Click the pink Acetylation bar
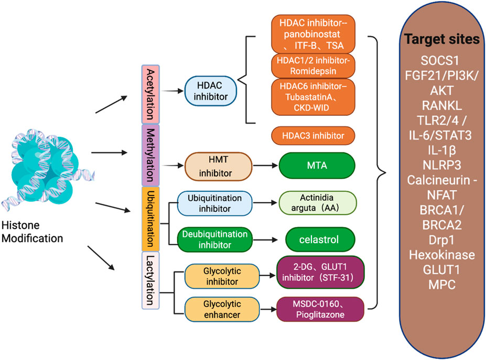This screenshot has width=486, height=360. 150,94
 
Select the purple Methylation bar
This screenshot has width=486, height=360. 150,155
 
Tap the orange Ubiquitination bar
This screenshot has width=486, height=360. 150,219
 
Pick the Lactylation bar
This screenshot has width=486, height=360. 150,280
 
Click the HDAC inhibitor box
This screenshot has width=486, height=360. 210,91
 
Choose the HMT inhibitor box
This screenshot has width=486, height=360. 218,166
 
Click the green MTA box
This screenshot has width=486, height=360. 317,166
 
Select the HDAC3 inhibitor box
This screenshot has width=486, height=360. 313,136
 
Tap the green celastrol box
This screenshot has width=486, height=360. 319,239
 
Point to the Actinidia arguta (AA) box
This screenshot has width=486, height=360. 318,203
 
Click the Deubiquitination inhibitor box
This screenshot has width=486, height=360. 215,239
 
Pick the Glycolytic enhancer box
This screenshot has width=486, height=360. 222,309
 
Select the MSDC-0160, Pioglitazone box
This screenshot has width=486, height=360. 320,309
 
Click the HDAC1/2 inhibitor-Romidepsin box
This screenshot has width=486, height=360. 313,66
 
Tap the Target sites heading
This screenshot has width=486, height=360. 441,39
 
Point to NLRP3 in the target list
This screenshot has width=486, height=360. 441,165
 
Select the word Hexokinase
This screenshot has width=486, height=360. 441,255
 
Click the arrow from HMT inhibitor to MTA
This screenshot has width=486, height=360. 265,166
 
